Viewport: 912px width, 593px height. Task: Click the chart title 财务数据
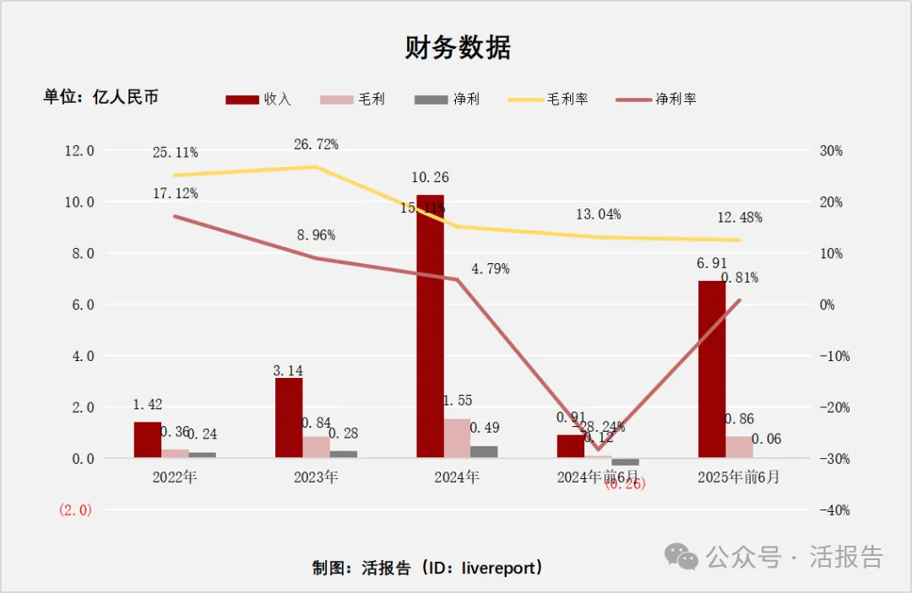pyautogui.click(x=457, y=48)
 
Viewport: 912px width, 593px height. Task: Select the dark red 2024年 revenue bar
pyautogui.click(x=430, y=326)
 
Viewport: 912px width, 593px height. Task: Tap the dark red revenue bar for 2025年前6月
pyautogui.click(x=711, y=369)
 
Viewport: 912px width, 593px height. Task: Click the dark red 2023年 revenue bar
pyautogui.click(x=289, y=418)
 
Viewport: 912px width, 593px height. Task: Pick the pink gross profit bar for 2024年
pyautogui.click(x=457, y=438)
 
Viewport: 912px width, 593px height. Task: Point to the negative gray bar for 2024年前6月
pyautogui.click(x=626, y=462)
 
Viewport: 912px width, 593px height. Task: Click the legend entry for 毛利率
pyautogui.click(x=548, y=100)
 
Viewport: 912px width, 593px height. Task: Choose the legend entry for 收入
pyautogui.click(x=258, y=100)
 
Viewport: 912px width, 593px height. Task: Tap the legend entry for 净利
pyautogui.click(x=447, y=100)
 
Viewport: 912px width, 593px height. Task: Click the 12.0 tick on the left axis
pyautogui.click(x=79, y=151)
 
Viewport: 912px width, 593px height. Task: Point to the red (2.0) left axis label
pyautogui.click(x=75, y=510)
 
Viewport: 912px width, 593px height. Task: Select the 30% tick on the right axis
pyautogui.click(x=831, y=151)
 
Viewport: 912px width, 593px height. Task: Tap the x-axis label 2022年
pyautogui.click(x=175, y=477)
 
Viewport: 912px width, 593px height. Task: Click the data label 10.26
pyautogui.click(x=430, y=178)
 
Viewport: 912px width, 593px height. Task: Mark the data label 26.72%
pyautogui.click(x=316, y=144)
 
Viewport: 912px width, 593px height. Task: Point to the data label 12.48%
pyautogui.click(x=740, y=218)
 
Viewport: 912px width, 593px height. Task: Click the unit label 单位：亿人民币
pyautogui.click(x=101, y=97)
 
